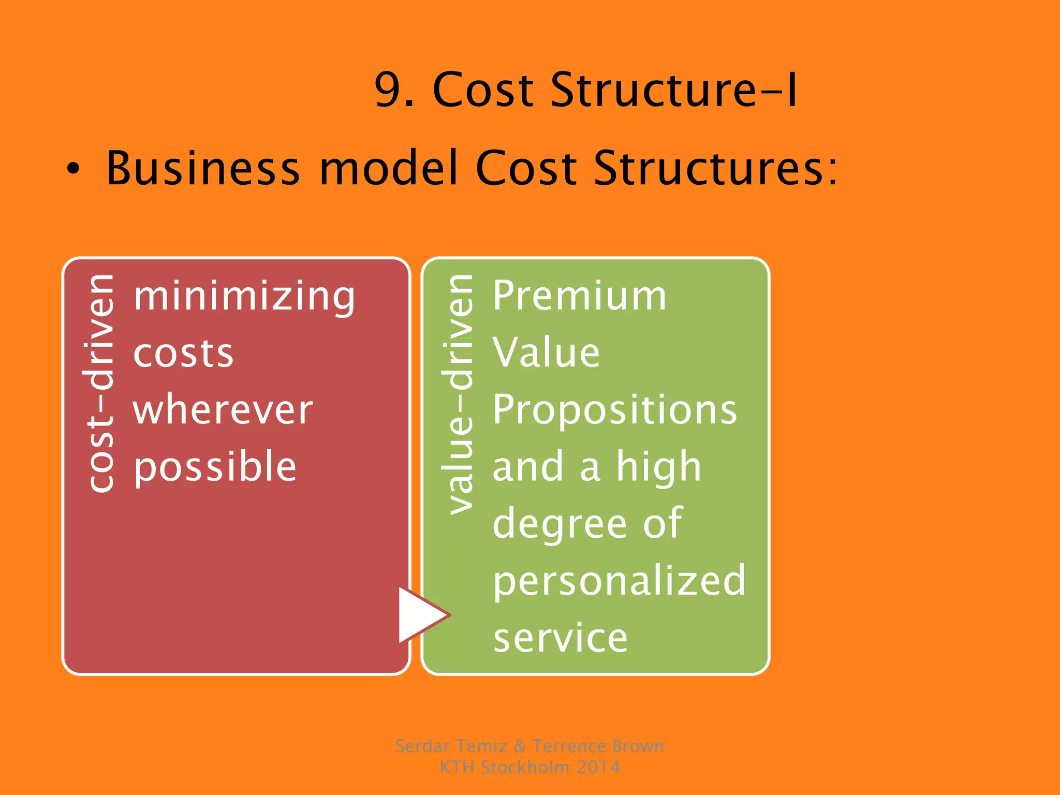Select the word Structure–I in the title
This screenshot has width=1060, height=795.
click(673, 91)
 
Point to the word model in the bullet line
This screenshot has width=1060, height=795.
click(389, 168)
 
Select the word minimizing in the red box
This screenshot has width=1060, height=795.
click(244, 297)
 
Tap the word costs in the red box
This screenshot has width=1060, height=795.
click(183, 354)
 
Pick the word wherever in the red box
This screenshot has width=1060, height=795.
click(223, 410)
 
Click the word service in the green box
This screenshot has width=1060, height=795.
click(560, 638)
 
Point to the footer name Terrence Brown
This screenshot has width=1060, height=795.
click(598, 746)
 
